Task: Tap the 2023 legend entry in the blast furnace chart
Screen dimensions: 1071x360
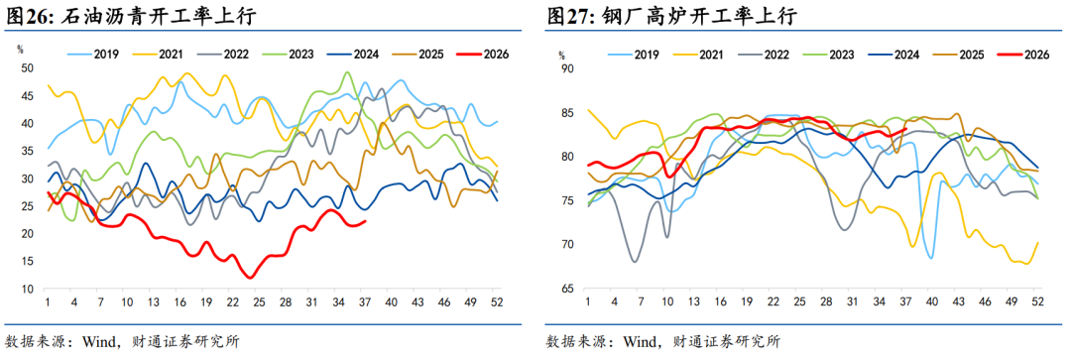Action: click(827, 54)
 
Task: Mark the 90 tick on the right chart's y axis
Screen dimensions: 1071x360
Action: click(565, 68)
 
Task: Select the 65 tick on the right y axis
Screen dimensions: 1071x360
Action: click(565, 289)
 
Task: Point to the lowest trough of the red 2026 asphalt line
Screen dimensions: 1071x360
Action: click(251, 278)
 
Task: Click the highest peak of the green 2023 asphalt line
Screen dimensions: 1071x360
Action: click(347, 72)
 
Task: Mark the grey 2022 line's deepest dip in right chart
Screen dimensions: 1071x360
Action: click(634, 261)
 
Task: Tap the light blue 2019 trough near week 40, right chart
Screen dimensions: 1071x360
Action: click(931, 258)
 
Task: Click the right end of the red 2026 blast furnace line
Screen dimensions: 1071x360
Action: click(906, 128)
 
